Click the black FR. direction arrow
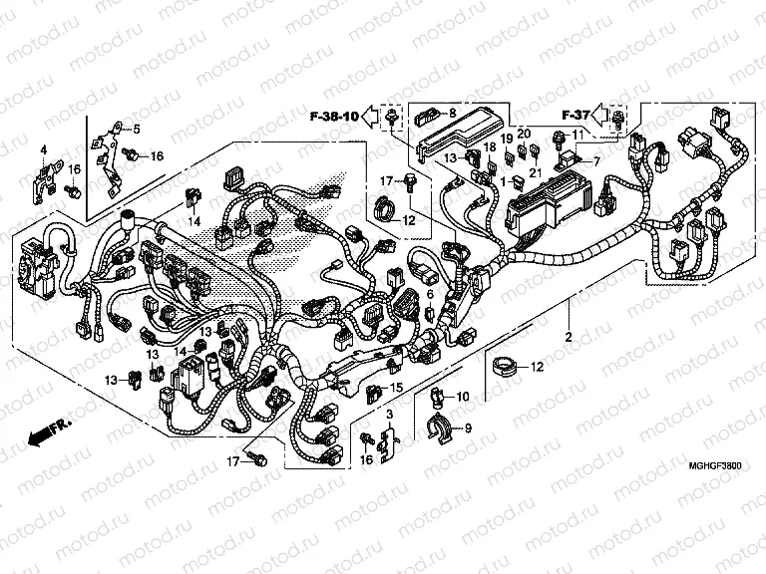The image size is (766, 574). point(41,434)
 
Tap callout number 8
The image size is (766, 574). point(452,112)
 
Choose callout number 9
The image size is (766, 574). point(469,430)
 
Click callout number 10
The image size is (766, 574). point(462,398)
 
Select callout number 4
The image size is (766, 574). point(44,149)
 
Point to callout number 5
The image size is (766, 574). point(137,129)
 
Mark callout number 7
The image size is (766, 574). point(596,160)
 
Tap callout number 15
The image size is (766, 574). point(397,387)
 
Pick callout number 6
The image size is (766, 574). point(430,295)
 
